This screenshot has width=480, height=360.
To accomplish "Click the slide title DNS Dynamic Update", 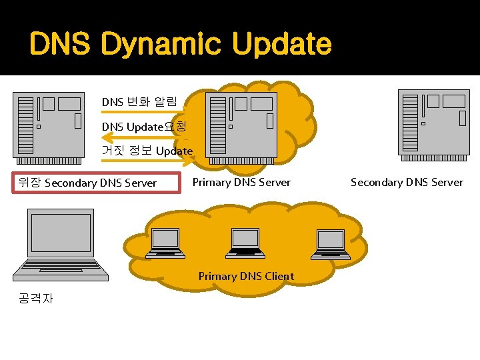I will coord(180,45).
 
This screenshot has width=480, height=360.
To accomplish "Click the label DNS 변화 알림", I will coord(139,102).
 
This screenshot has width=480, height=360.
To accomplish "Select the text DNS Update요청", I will coord(144,127).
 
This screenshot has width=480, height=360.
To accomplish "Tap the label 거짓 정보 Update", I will coord(147,151).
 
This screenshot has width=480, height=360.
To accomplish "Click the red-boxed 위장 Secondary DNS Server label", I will coord(97,183).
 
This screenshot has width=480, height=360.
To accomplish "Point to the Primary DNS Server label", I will coord(241,182).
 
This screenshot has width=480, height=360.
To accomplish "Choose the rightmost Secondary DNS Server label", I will coord(407,182).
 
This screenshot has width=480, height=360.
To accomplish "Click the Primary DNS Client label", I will coord(246,276).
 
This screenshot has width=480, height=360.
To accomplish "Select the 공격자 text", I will coord(37,298).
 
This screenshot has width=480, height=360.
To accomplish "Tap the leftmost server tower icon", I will coord(50,128).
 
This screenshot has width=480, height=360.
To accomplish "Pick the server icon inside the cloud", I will coord(241,127).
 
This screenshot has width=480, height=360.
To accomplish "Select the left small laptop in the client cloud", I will coord(165,243).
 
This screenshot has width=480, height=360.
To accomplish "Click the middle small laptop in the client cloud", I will coord(245,243).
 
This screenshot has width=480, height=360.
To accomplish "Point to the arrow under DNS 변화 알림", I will coord(147,112).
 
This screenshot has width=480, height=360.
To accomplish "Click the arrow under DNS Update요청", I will coord(147,136).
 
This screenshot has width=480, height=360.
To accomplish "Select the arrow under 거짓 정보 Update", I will coord(147,161).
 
